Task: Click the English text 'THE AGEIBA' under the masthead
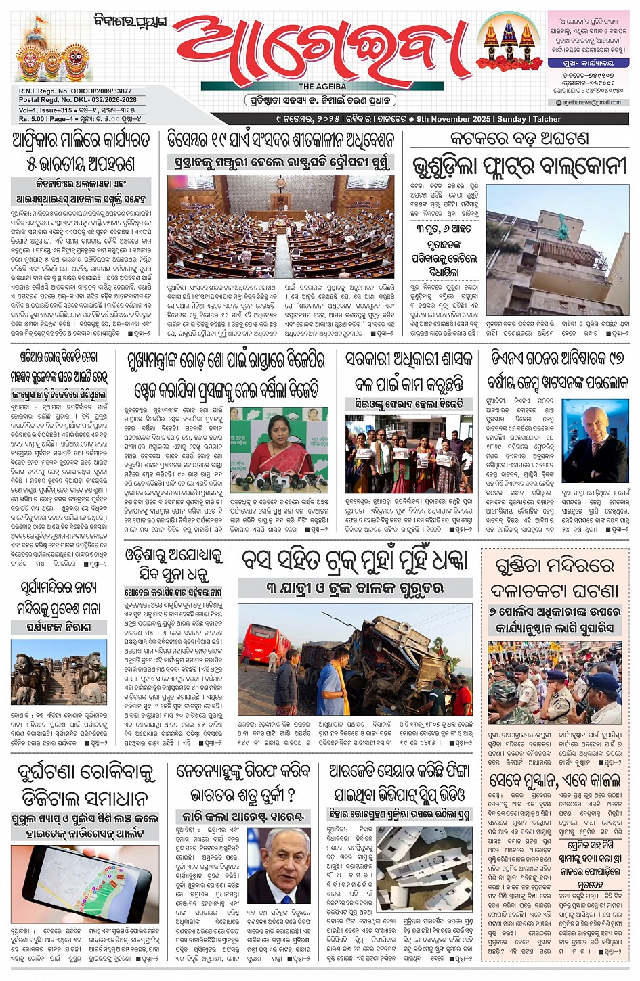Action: (x=322, y=87)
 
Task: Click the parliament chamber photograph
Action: (x=280, y=227)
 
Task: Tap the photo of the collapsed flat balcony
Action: (x=557, y=250)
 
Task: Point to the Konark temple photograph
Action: (x=58, y=671)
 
